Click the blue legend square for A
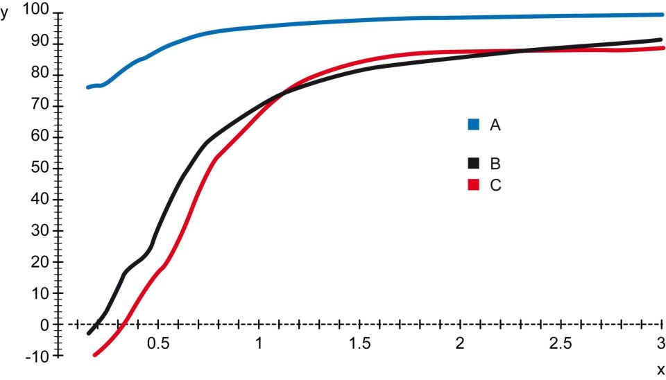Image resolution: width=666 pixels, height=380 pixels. tap(474, 125)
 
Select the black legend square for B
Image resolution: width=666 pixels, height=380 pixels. tap(474, 164)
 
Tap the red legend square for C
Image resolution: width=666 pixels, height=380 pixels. tap(474, 185)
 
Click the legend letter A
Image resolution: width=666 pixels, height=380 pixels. tap(495, 125)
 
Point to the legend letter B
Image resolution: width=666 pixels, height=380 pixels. tap(495, 164)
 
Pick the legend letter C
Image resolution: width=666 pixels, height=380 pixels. tap(495, 185)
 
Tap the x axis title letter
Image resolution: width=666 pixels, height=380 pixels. tap(660, 370)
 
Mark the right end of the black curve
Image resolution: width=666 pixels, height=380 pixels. tap(661, 40)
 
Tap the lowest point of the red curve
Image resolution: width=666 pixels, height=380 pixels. tap(95, 354)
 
